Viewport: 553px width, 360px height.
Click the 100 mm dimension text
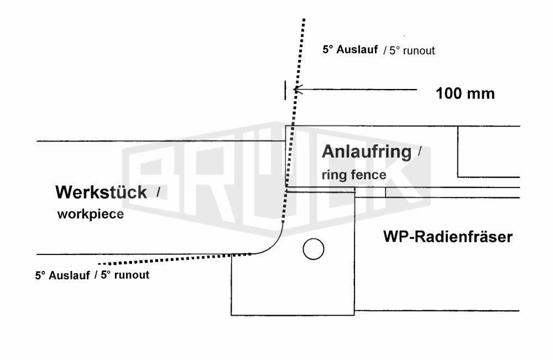465,93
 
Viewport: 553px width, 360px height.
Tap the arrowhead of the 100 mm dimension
299,90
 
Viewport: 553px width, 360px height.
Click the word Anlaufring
367,152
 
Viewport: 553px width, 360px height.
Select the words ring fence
354,175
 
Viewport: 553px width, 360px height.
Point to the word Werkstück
101,192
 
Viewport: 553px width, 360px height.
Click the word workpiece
91,214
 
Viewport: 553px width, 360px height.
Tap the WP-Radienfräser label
448,237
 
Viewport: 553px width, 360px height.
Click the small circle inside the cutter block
313,249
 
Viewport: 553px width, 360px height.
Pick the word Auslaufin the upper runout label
357,49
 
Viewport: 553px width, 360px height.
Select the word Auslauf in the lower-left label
69,275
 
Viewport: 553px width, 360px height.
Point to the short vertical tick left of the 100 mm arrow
285,90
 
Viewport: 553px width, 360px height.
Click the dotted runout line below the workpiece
175,259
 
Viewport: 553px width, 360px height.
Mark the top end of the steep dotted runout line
304,19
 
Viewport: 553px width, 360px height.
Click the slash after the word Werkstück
158,192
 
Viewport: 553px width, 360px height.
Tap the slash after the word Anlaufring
419,152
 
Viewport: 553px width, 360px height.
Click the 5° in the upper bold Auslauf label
328,49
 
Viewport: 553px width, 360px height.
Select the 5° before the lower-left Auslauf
40,275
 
